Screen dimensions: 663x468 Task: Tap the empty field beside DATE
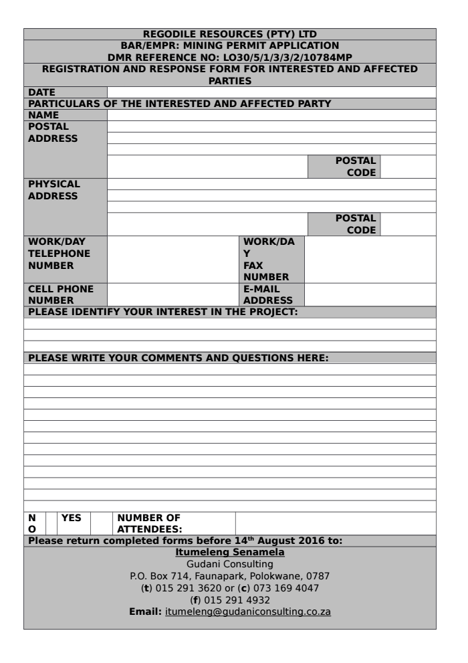click(x=271, y=92)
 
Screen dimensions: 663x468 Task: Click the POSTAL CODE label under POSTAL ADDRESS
click(x=356, y=167)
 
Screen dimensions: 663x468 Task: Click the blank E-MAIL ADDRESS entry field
click(x=370, y=294)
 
